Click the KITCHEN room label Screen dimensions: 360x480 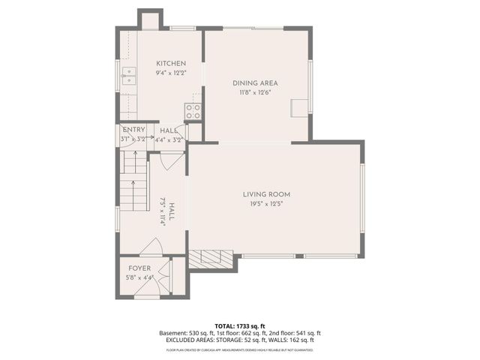(171, 63)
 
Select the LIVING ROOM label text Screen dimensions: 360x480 (265, 194)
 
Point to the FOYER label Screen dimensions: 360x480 (139, 268)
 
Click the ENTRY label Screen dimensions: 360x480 (134, 130)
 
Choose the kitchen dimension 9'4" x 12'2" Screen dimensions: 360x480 (171, 73)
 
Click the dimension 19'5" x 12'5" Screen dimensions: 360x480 (265, 204)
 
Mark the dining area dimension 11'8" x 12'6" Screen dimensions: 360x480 (255, 93)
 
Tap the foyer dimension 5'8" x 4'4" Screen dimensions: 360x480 (139, 277)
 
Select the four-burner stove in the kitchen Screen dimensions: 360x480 (193, 112)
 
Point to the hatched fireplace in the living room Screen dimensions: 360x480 (211, 258)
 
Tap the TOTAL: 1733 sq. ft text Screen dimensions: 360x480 (239, 326)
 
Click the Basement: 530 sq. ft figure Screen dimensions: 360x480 (183, 333)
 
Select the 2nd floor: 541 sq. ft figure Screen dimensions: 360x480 (296, 333)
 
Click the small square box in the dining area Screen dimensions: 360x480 (301, 108)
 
